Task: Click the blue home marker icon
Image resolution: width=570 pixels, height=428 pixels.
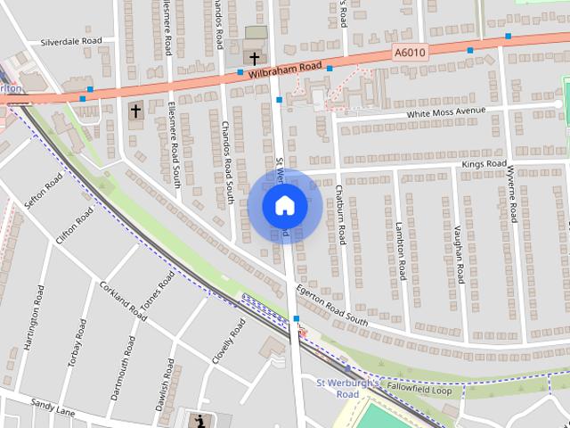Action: pyautogui.click(x=285, y=206)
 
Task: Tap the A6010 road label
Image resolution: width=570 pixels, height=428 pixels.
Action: pyautogui.click(x=411, y=53)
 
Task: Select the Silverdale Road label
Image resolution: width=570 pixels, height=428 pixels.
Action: pyautogui.click(x=71, y=41)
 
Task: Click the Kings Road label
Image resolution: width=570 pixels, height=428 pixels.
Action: pyautogui.click(x=484, y=165)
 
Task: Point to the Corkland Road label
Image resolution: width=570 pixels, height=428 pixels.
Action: pyautogui.click(x=123, y=301)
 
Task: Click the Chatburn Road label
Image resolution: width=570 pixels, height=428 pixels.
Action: pyautogui.click(x=339, y=215)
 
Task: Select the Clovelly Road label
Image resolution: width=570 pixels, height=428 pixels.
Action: pyautogui.click(x=229, y=340)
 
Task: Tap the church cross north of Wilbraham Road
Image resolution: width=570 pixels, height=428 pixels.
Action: pyautogui.click(x=255, y=58)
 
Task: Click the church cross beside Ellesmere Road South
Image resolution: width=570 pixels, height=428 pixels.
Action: pyautogui.click(x=136, y=111)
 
